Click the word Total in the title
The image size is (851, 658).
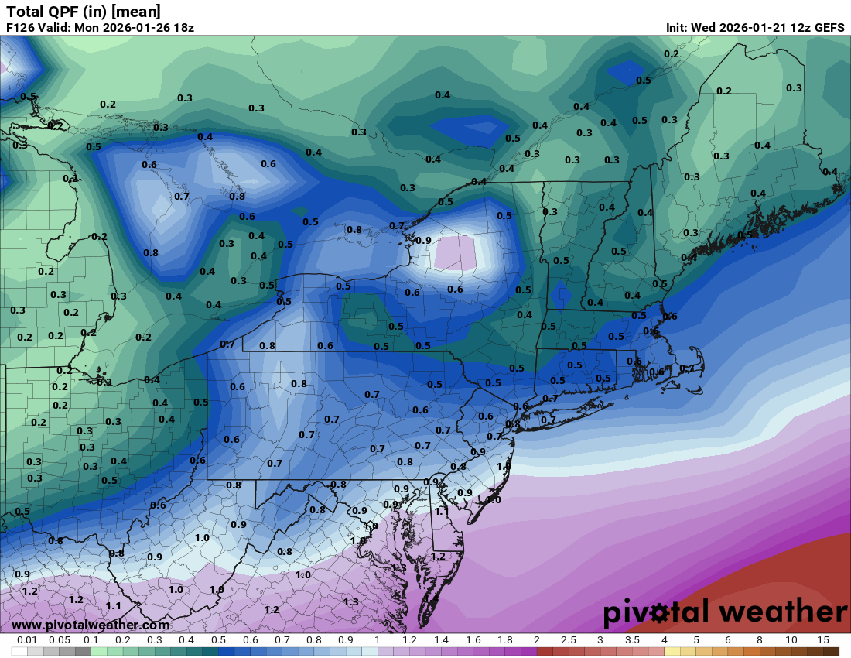click(x=25, y=11)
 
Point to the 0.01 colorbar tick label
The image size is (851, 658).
click(x=28, y=640)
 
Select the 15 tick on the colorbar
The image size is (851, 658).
click(x=822, y=640)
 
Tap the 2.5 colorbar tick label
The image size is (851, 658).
click(x=568, y=640)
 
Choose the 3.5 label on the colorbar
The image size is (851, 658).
click(x=632, y=640)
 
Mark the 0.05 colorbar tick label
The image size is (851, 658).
click(x=60, y=640)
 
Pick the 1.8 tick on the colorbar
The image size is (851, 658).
click(x=504, y=640)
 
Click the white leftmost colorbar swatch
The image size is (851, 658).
click(x=19, y=651)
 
